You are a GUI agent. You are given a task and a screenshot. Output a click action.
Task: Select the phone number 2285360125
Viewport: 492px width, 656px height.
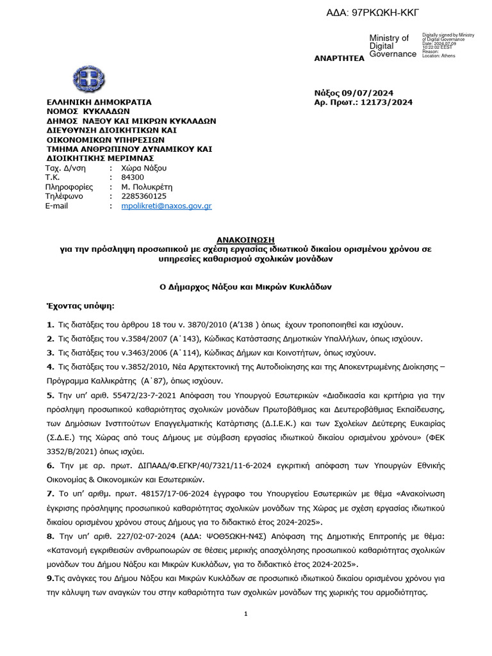point(143,197)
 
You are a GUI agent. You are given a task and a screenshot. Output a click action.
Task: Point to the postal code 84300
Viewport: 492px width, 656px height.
point(133,177)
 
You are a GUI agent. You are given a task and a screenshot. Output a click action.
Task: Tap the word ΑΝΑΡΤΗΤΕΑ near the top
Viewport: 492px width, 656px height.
point(338,59)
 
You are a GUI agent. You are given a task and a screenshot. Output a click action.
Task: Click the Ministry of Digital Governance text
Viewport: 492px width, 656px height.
point(392,46)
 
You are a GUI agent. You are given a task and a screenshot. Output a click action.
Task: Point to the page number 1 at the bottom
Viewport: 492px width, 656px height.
point(246,614)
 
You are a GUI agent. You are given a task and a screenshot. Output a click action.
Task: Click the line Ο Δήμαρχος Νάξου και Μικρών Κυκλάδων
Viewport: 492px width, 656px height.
point(245,287)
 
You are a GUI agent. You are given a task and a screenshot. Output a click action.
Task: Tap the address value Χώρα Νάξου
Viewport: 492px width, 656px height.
point(143,168)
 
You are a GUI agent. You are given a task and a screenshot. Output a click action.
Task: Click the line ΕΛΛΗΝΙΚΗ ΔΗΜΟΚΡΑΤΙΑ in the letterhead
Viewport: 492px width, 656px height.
point(98,102)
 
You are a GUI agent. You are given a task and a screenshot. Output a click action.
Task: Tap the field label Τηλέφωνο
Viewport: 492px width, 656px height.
point(64,197)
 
